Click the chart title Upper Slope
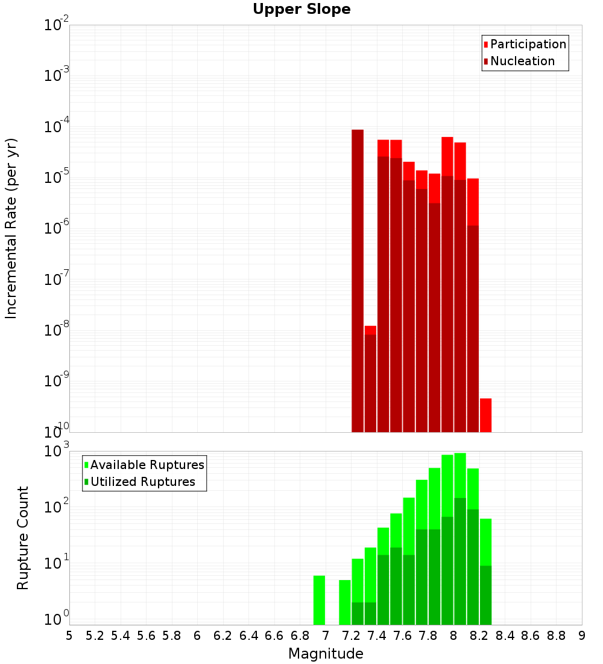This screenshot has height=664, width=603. pos(301,10)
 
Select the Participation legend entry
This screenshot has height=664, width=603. pos(528,44)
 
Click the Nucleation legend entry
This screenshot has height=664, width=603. pos(522,61)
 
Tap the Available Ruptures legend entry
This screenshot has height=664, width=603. pos(147,465)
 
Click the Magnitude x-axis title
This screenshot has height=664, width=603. pos(326,654)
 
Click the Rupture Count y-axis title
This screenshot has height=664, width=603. pos(23,537)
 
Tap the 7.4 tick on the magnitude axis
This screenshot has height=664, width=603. pos(377,636)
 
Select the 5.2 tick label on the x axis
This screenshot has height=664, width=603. pos(95,636)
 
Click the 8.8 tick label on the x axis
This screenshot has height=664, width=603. pos(556,636)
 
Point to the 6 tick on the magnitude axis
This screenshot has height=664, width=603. pos(197,636)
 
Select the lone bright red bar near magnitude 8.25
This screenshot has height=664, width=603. pos(485,415)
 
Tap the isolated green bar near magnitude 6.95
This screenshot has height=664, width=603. pos(319,600)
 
